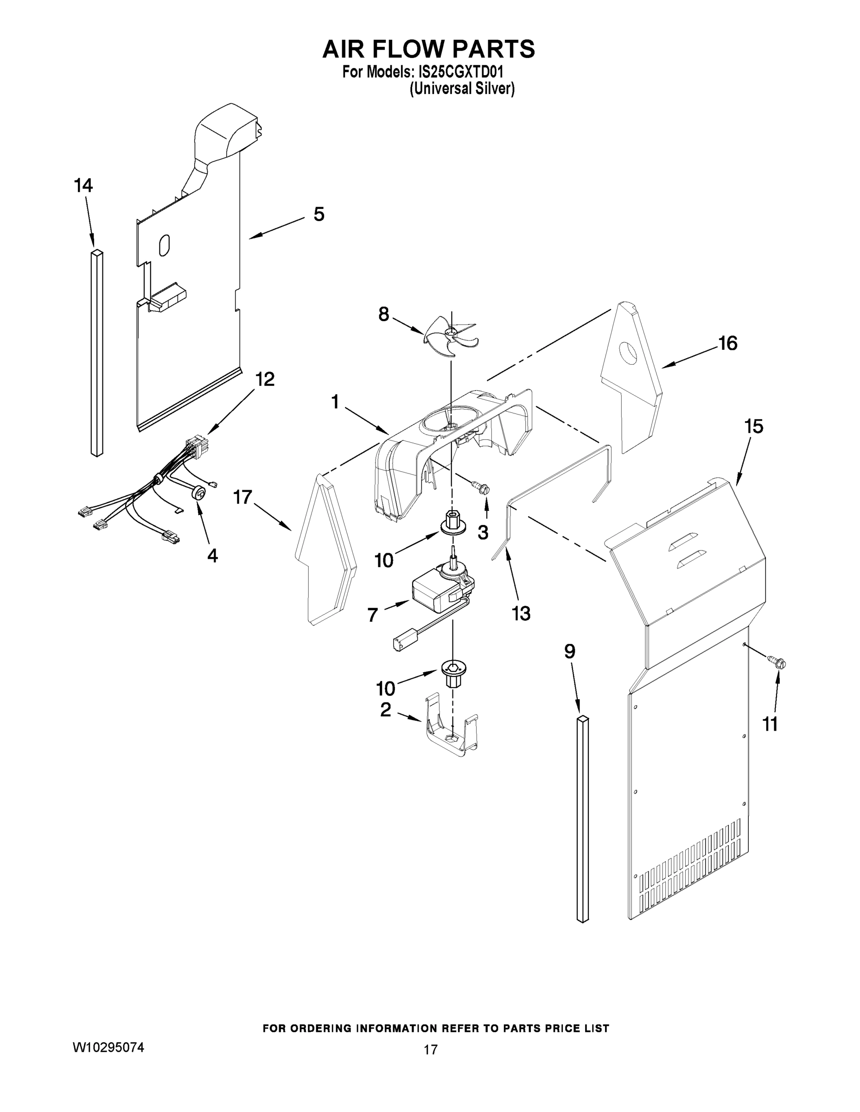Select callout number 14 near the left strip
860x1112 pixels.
[83, 186]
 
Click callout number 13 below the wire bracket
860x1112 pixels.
[521, 613]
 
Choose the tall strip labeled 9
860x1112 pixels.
[583, 819]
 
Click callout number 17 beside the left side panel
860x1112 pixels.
[242, 497]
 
